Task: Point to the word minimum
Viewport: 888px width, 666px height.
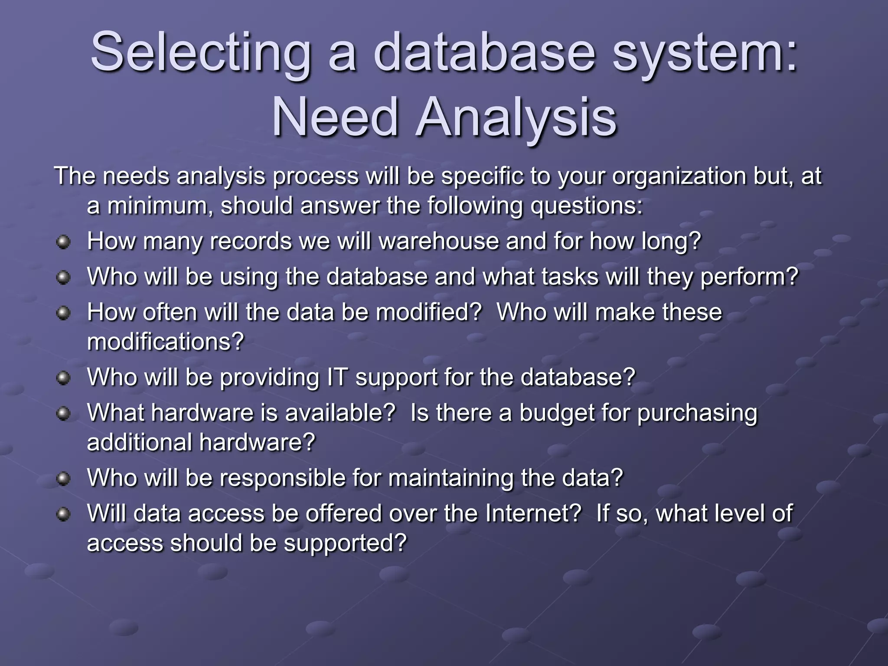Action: [160, 206]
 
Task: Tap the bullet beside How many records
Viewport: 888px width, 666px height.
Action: [63, 242]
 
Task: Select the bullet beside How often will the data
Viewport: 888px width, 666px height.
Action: [63, 313]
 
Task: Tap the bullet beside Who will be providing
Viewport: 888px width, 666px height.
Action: [63, 378]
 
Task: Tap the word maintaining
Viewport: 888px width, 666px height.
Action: [451, 478]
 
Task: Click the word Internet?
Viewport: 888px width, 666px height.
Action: [533, 514]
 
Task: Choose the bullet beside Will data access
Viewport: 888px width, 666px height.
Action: [63, 515]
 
